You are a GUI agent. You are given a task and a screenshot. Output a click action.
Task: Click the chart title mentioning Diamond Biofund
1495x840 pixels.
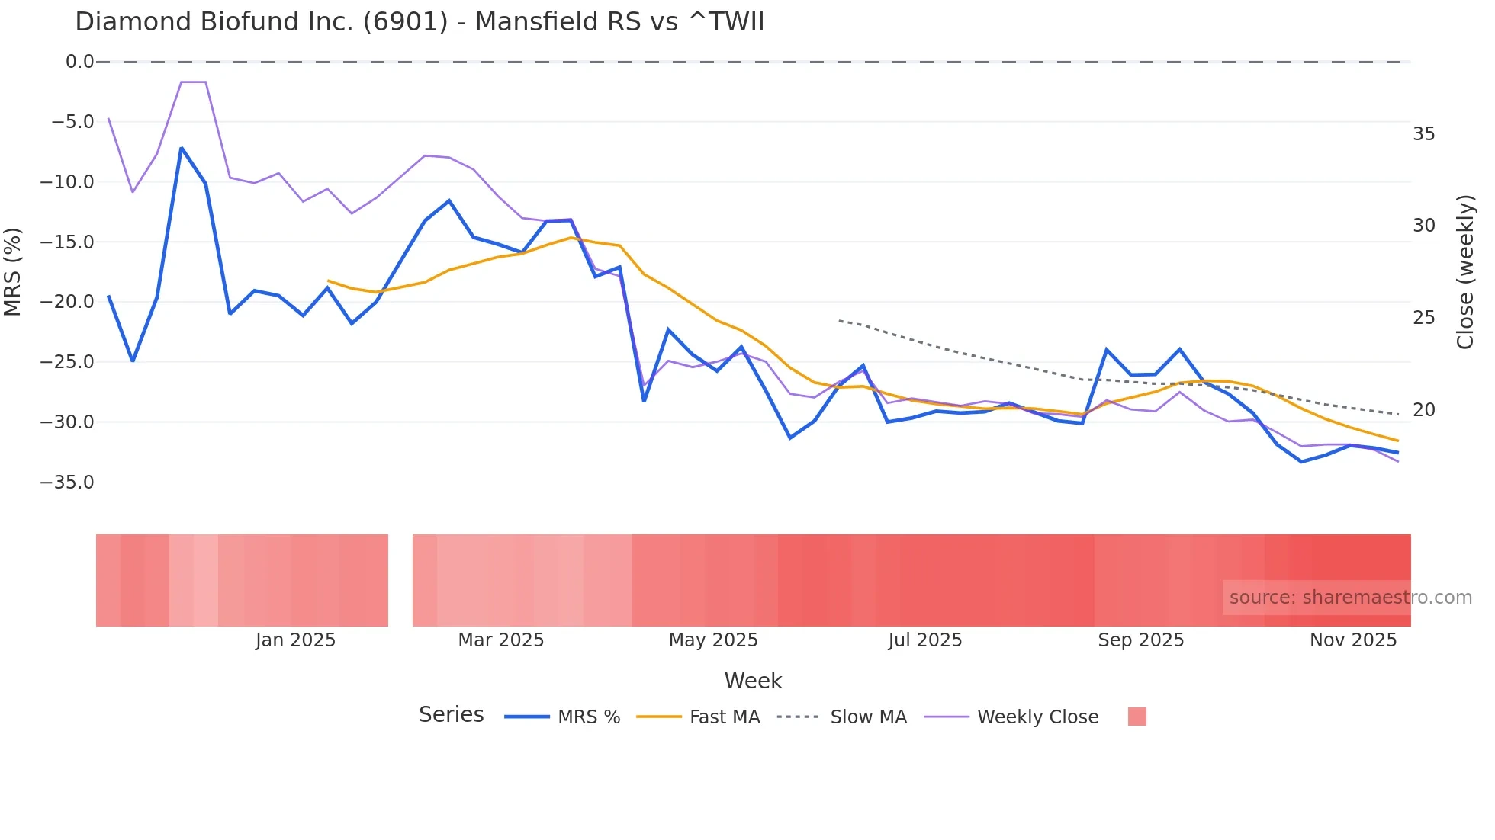coord(420,22)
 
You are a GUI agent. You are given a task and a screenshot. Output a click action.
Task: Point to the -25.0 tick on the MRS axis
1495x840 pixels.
coord(67,362)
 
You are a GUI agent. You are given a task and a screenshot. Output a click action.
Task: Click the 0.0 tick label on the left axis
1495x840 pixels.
coord(79,62)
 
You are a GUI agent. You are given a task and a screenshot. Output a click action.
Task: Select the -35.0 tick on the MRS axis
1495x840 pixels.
coord(67,483)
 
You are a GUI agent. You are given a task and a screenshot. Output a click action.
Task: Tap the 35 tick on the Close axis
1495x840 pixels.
coord(1423,134)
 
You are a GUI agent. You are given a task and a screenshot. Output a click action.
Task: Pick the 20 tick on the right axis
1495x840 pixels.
coord(1423,410)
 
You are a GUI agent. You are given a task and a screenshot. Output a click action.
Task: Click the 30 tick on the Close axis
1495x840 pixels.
coord(1423,226)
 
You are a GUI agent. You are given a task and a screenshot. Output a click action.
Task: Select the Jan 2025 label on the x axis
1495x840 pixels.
coord(295,640)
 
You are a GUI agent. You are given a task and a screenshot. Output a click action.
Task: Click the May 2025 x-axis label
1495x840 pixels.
coord(713,640)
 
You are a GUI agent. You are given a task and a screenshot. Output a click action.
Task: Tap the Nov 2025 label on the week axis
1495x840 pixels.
coord(1353,640)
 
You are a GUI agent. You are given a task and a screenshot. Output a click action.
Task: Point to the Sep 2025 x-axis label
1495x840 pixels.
coord(1140,640)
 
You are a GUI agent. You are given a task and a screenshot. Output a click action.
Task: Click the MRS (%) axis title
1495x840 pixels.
coord(13,272)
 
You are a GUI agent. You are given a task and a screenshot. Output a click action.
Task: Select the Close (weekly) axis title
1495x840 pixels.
coord(1465,272)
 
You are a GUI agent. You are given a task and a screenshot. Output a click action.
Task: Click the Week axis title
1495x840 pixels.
coord(753,681)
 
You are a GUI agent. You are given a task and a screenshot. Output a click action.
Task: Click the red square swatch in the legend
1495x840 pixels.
coord(1137,717)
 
